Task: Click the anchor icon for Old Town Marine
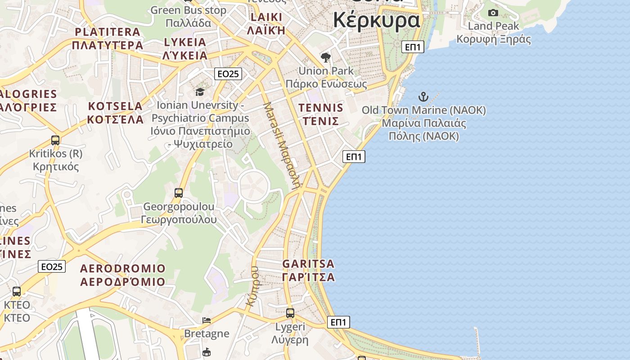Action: point(423,96)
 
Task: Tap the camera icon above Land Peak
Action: point(493,13)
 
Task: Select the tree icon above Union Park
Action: point(326,58)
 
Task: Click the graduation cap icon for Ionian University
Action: point(199,92)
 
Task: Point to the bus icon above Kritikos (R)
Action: point(55,140)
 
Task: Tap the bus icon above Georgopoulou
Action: point(179,193)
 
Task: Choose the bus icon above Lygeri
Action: point(290,313)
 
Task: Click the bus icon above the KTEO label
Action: point(17,292)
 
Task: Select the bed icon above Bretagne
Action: point(207,320)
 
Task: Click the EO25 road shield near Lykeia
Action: point(228,74)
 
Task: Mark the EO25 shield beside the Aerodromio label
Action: point(52,266)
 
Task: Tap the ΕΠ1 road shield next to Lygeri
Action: point(338,322)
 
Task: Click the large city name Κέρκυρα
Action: point(376,20)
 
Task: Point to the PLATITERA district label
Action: point(108,32)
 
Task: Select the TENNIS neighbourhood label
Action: point(321,108)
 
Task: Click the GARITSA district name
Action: point(309,264)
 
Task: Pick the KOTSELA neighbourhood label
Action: point(115,107)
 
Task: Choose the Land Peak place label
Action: point(493,26)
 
